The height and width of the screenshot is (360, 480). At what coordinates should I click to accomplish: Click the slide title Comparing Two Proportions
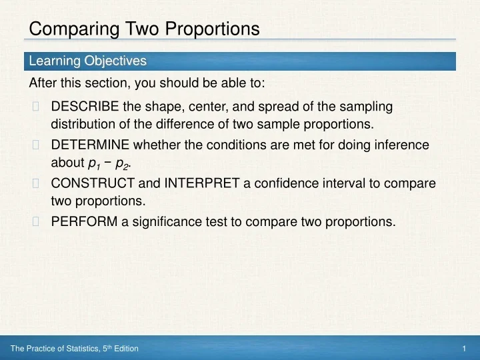coord(145,29)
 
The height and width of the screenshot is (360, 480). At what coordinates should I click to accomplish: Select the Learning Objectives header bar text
coord(87,61)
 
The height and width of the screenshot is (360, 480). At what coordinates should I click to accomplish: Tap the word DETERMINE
coord(91,145)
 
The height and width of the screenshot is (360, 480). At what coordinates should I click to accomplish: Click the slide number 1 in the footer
coord(463,349)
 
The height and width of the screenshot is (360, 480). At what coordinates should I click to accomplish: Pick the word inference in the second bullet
coord(403,145)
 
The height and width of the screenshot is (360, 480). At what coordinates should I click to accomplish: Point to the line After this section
coord(147,83)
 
